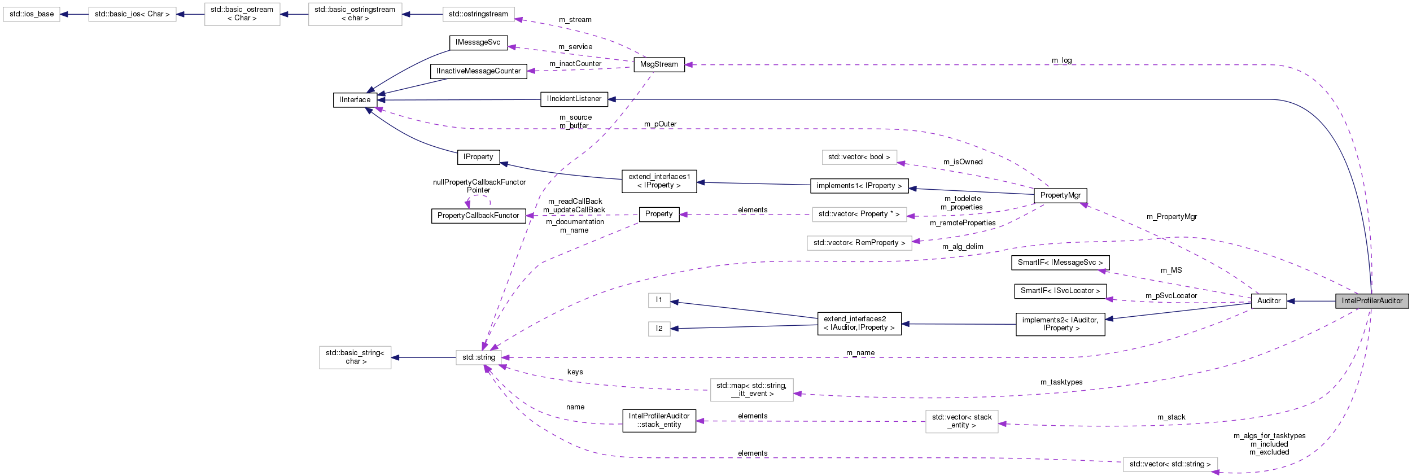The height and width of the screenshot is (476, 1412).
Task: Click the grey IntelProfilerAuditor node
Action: coord(1371,301)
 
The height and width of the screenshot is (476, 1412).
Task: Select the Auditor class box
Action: coord(1269,301)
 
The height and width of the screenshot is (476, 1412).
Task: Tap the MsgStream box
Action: coord(659,64)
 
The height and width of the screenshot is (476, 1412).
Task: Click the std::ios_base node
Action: coord(32,14)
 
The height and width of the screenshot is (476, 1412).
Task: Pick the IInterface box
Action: coord(355,100)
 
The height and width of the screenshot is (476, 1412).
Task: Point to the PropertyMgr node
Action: coord(1060,195)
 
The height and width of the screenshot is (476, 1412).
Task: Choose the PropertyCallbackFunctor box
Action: coord(478,216)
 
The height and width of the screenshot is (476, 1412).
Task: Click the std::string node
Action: coord(478,357)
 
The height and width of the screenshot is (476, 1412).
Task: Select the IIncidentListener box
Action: coord(574,99)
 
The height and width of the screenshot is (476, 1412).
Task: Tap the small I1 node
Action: coord(659,300)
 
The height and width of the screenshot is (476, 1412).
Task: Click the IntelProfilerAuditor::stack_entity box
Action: coord(659,421)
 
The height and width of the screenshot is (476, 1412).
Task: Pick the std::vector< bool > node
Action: coord(859,157)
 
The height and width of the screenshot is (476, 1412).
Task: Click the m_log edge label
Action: coord(1061,60)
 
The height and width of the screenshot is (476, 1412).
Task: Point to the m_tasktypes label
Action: coord(1061,382)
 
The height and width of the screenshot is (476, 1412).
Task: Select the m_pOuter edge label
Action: coord(660,124)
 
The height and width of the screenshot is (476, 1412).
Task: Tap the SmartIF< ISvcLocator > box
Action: coord(1060,291)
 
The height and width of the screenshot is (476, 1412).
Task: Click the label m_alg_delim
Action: coord(962,247)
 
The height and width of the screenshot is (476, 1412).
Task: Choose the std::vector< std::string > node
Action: coord(1169,464)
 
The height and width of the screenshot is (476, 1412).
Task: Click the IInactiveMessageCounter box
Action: coord(478,71)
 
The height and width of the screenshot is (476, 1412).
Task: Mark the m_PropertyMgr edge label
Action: coord(1171,217)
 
